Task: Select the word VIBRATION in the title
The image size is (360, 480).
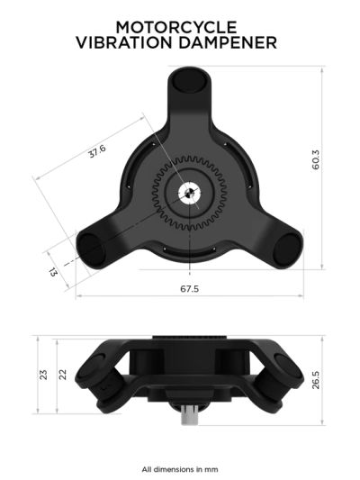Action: [130, 41]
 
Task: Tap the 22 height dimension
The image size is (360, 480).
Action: [62, 373]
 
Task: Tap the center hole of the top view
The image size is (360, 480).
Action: [192, 191]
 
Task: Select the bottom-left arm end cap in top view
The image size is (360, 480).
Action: [91, 245]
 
